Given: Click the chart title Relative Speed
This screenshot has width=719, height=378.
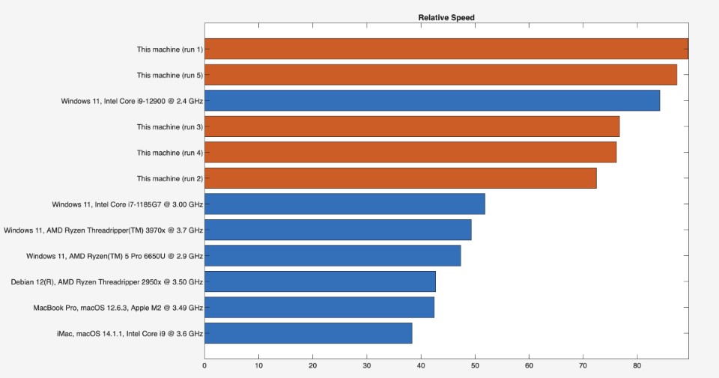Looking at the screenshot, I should point(446,18).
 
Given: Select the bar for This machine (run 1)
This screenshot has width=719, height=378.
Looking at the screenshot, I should point(446,49).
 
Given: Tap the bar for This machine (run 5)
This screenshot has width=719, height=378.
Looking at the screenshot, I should point(440,75).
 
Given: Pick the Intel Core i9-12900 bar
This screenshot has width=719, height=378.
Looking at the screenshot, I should point(432,100).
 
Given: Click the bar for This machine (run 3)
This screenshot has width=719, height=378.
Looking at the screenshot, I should point(412,126).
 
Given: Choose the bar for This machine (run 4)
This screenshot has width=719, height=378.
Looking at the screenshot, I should point(410,153).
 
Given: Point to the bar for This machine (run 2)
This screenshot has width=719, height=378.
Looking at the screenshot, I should point(401,178).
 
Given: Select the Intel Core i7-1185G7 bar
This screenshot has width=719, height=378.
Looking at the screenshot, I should point(345,204).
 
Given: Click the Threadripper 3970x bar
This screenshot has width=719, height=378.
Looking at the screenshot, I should point(338,230).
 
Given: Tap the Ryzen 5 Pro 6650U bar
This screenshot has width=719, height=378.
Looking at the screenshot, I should point(333,255).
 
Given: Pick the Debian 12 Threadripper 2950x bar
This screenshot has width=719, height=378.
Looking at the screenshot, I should point(320,281).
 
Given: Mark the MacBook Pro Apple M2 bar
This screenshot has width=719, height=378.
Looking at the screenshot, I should point(319,308).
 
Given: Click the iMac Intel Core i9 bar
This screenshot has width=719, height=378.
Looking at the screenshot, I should point(308,333).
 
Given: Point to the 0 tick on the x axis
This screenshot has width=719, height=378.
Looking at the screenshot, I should point(204,366).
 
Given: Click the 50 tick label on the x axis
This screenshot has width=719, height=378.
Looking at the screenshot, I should point(475,366).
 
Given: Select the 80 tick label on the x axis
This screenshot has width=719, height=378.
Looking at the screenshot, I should point(637,366).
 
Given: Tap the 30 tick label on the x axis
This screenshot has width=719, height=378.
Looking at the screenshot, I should point(367,366).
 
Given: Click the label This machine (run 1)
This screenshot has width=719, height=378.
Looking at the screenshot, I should point(169,49).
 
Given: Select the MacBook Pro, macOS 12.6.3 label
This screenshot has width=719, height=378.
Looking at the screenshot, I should point(118,308).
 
